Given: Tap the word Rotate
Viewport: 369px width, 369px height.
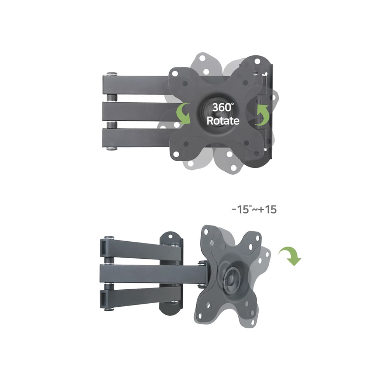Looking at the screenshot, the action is (x=223, y=121).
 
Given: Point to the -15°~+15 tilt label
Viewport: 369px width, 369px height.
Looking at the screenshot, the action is (x=254, y=209).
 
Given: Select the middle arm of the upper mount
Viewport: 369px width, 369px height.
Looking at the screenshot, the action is (x=139, y=111).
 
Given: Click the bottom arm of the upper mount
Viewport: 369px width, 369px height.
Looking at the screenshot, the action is (x=137, y=138).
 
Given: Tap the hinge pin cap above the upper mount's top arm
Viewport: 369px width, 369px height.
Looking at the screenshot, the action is (x=112, y=73).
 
